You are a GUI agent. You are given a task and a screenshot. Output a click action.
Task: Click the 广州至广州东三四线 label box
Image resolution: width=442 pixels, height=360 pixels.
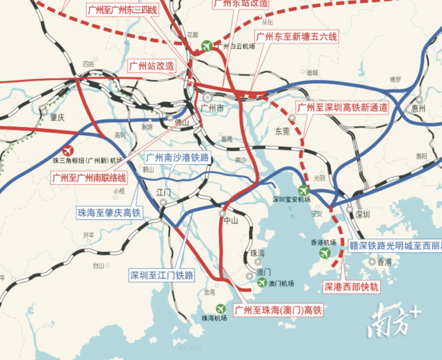pos(121,10)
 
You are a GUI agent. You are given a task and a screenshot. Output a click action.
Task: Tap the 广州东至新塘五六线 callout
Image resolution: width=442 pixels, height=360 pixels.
pos(295,36)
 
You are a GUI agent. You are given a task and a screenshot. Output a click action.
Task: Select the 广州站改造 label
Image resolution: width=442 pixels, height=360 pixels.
pos(151,66)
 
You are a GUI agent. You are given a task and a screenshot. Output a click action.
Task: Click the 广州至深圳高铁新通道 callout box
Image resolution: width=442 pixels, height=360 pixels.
pos(342,108)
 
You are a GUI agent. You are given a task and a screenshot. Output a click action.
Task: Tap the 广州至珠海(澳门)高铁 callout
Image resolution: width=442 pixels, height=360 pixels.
pos(279,310)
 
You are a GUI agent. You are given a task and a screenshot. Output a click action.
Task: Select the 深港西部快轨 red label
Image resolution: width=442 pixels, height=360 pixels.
pos(350,286)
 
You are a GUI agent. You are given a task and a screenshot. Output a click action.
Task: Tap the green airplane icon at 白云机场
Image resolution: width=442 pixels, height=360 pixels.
pos(206,46)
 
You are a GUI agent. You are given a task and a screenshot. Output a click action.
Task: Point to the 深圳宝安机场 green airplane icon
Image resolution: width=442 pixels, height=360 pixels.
pos(303,190)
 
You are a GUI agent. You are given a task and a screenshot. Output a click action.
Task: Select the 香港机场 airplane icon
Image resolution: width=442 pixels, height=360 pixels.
pos(323,253)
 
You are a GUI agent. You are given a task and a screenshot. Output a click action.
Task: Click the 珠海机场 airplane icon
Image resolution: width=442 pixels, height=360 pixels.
pos(220,308)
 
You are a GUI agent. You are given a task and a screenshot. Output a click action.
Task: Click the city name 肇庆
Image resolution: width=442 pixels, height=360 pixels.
pos(57,117)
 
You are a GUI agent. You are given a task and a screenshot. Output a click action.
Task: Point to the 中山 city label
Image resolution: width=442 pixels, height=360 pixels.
pos(230,221)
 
